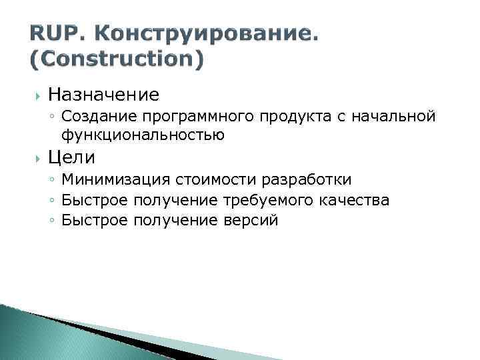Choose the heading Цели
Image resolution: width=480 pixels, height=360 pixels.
click(71, 157)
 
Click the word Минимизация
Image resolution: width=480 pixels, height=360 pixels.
click(116, 180)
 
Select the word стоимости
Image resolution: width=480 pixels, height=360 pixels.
click(218, 180)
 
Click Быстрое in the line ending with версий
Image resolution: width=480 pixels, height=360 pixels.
click(94, 220)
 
